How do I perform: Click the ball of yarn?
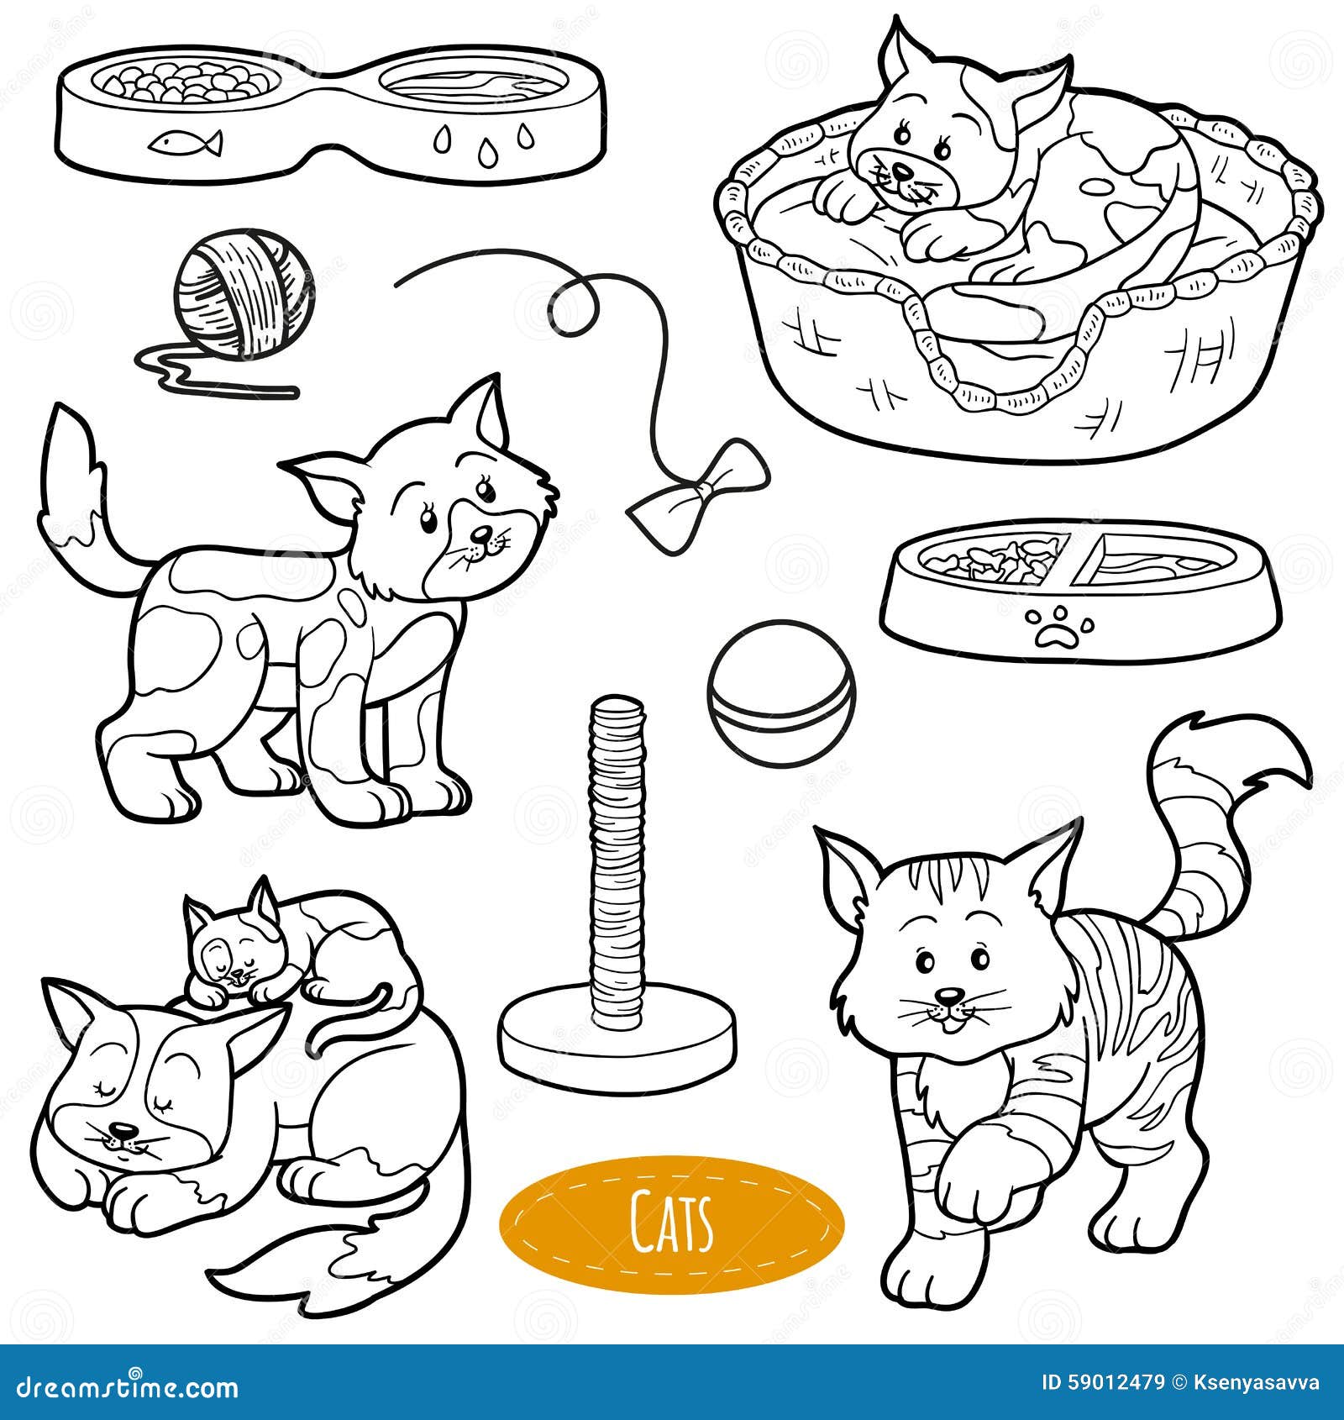coord(242,297)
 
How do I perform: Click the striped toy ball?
coord(781,692)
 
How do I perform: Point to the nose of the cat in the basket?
coord(901,172)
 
